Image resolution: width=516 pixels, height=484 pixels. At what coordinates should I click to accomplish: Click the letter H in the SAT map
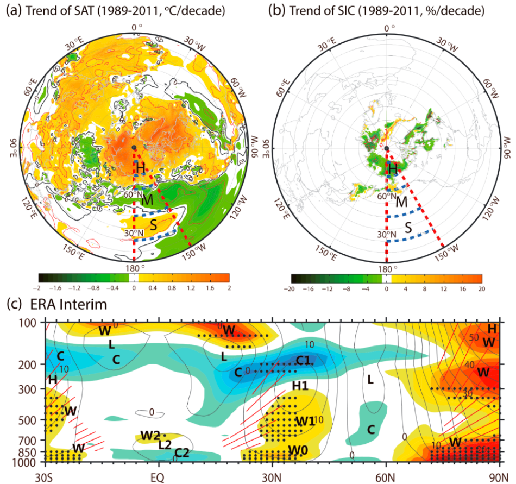coord(141,168)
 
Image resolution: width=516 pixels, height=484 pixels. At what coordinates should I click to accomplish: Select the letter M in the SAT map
coord(148,200)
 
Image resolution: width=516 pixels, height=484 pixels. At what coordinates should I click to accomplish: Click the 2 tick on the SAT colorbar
coord(229,288)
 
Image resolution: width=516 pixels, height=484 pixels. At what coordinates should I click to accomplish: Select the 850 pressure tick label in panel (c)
coord(34,452)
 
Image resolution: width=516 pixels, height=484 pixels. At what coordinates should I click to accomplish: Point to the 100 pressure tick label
coord(34,323)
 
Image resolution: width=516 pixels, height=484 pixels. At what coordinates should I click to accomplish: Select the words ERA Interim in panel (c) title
coord(58,303)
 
